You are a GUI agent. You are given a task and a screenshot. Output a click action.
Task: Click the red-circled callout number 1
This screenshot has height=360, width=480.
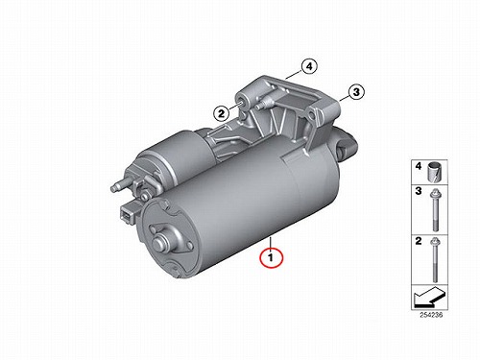[x=272, y=257]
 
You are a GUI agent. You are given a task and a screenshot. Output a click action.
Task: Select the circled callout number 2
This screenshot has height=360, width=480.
[x=222, y=113]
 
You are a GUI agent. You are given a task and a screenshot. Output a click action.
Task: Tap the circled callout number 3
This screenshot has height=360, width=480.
[x=356, y=92]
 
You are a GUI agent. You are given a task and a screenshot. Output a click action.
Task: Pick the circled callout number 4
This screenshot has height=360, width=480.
[x=309, y=66]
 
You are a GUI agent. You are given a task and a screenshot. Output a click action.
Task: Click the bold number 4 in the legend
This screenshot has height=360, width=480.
[x=419, y=166]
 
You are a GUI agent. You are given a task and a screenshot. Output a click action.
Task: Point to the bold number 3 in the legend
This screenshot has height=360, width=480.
[x=419, y=191]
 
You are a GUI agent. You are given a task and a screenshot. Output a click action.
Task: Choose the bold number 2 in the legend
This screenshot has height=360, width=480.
[x=419, y=241]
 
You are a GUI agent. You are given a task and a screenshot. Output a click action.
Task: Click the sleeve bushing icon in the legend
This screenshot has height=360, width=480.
[x=435, y=173]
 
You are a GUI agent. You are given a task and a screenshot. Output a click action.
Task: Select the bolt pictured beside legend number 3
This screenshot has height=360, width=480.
[x=435, y=210]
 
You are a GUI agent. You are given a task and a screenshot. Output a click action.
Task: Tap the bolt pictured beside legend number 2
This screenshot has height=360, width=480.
[x=435, y=260]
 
